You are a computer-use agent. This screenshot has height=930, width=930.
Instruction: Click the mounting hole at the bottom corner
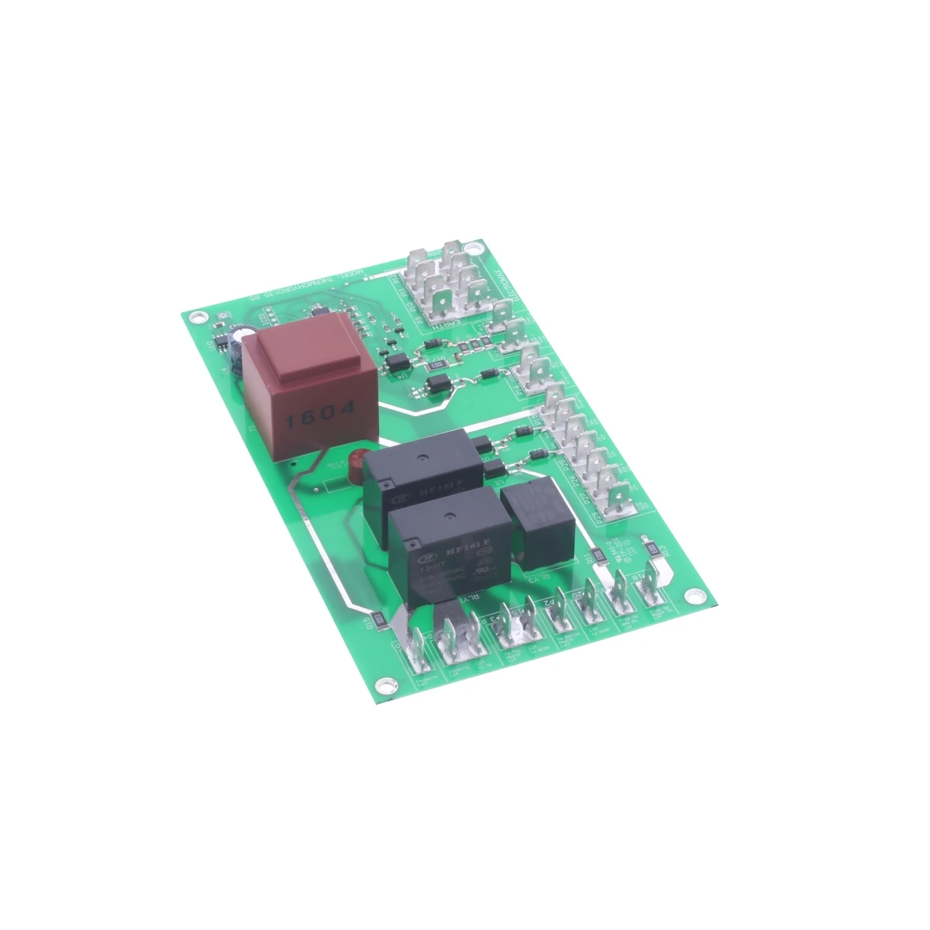click(381, 683)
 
